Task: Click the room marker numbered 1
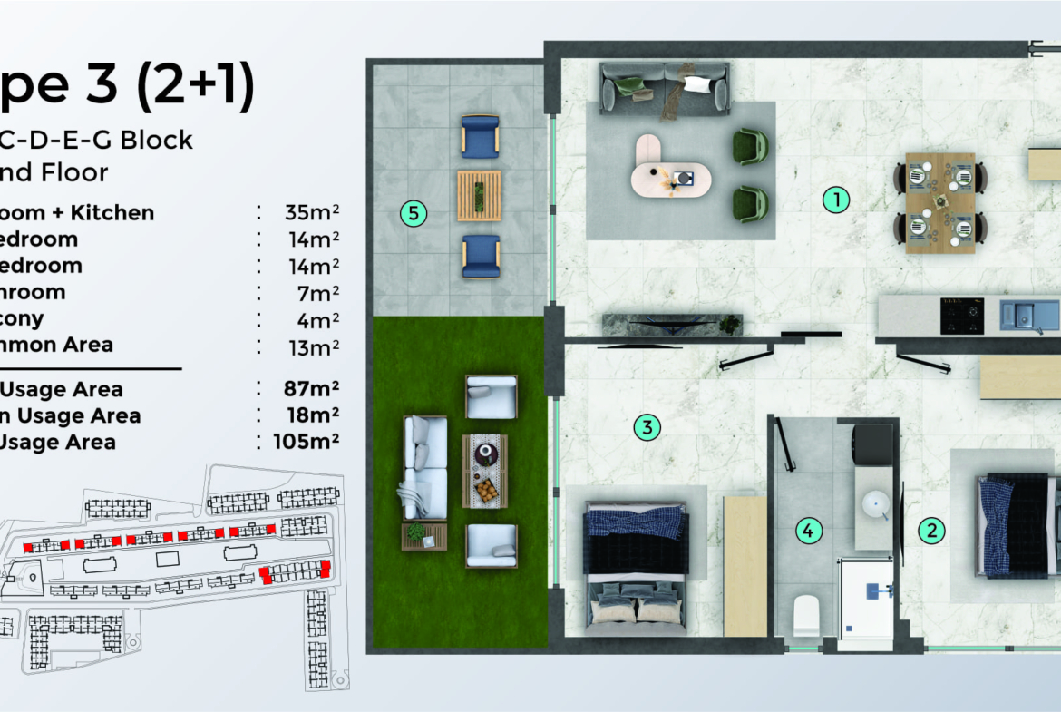(835, 200)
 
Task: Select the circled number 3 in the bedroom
(646, 427)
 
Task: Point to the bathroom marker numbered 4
(808, 532)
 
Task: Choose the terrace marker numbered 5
(414, 214)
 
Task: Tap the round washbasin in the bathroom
(876, 504)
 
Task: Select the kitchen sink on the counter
(1028, 316)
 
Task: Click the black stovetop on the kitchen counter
(963, 316)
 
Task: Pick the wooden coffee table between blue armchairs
(479, 195)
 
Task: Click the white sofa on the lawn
(423, 467)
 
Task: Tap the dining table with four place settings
(939, 201)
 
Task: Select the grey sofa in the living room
(665, 88)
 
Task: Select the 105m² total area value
(307, 443)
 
